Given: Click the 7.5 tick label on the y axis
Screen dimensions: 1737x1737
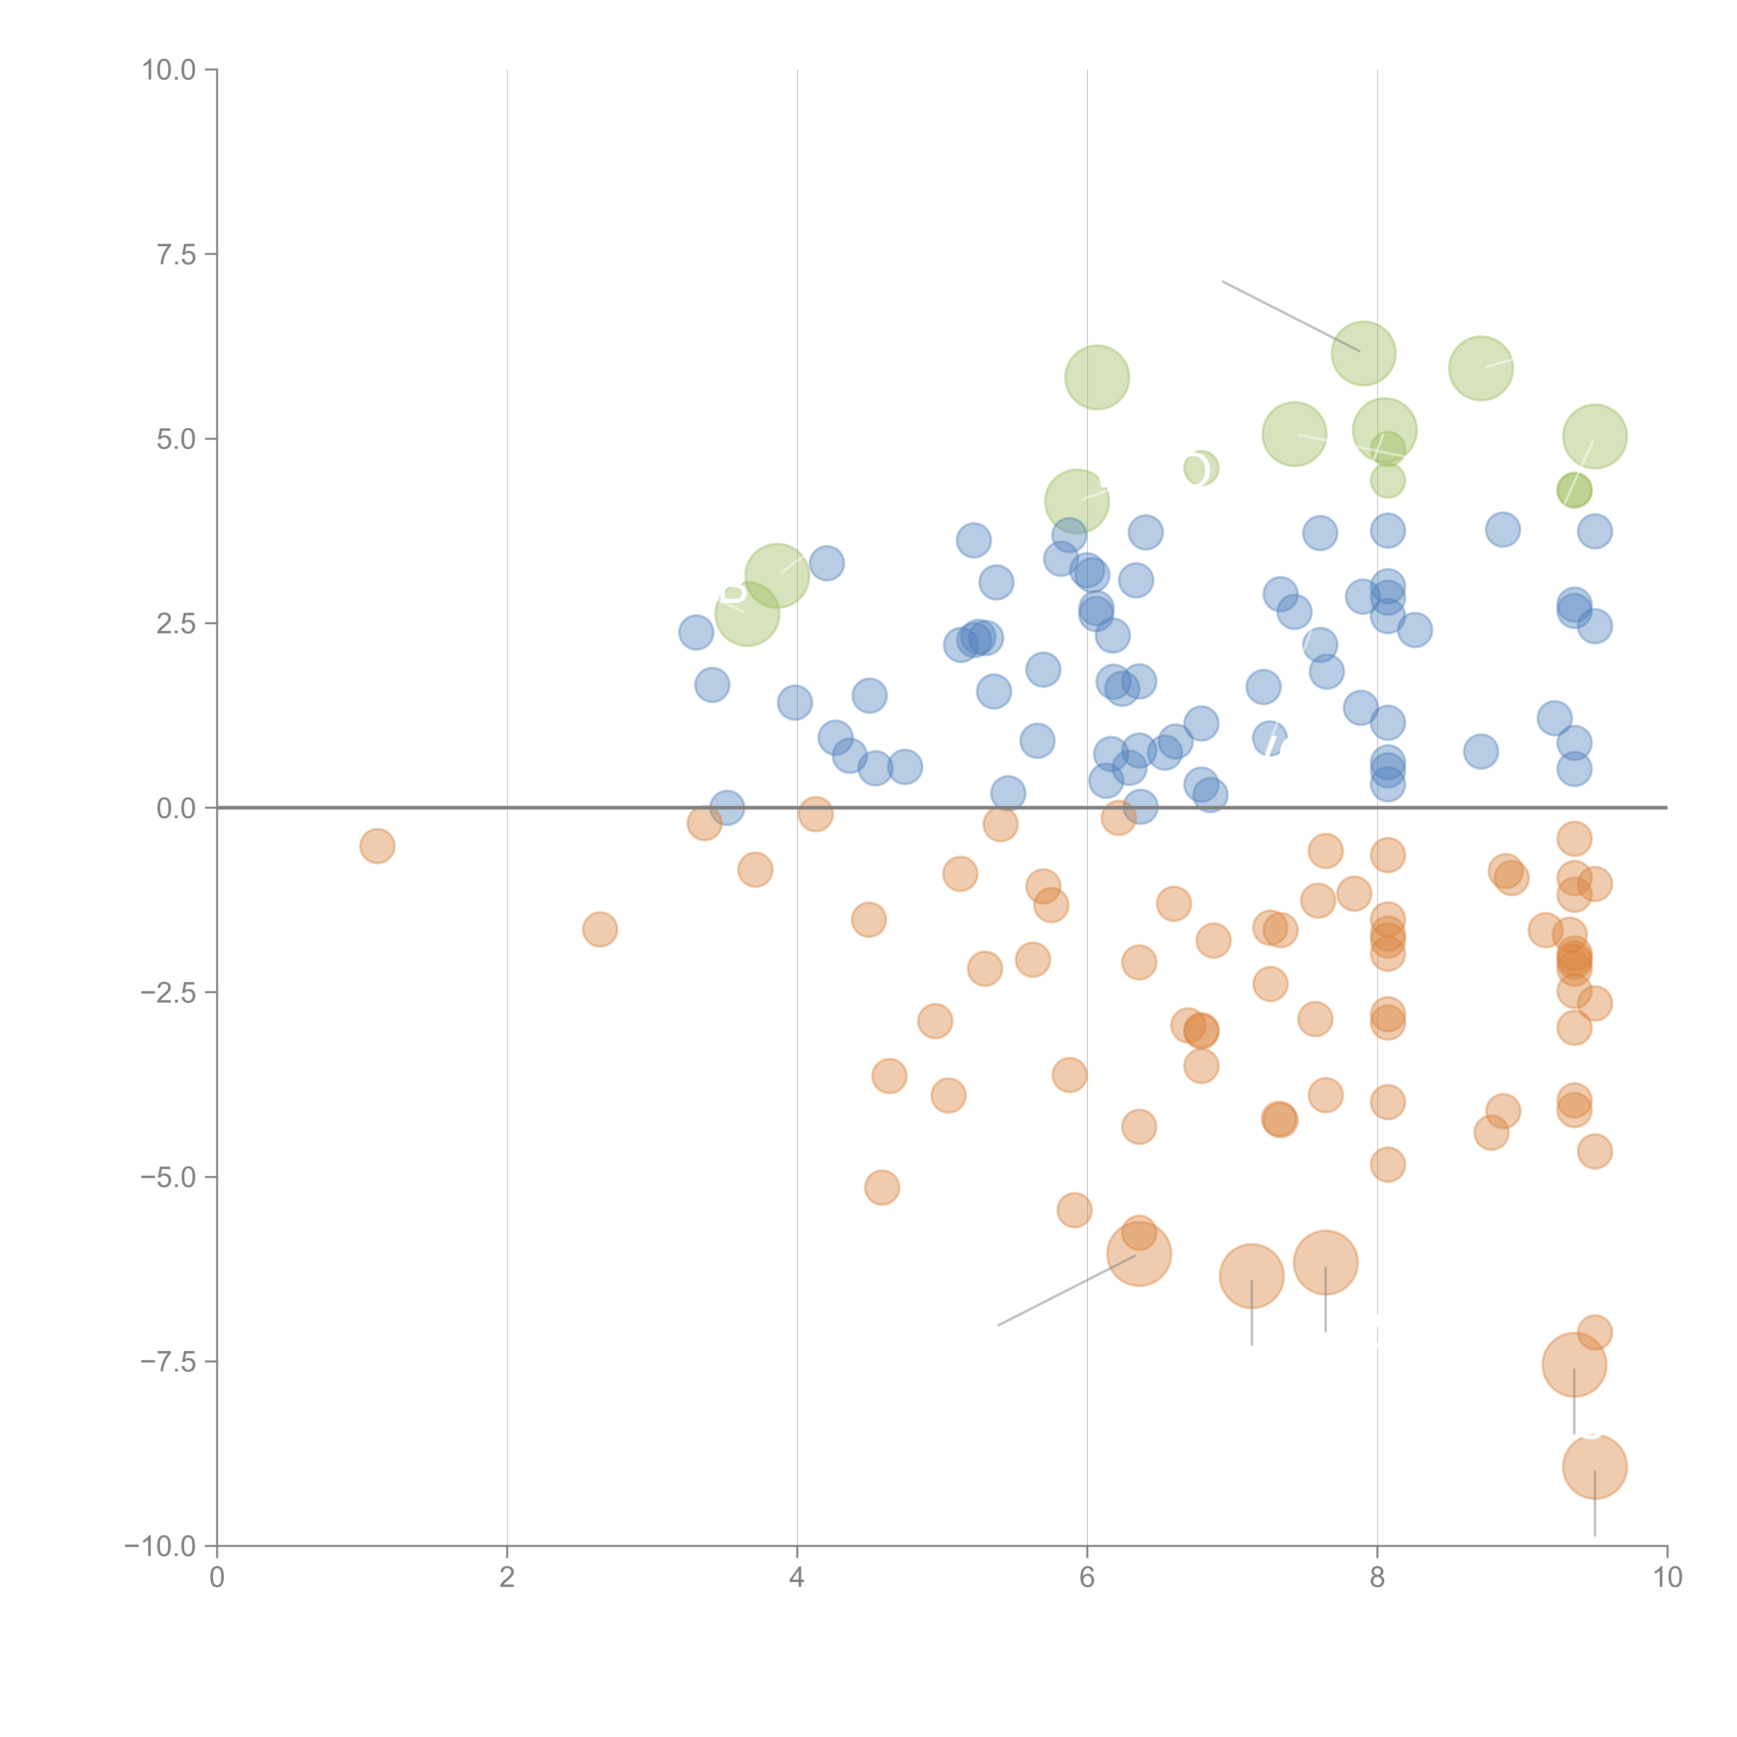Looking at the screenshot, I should click(176, 254).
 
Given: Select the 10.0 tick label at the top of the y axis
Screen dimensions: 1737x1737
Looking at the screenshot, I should click(169, 70).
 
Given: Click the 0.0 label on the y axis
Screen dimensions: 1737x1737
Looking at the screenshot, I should click(176, 808).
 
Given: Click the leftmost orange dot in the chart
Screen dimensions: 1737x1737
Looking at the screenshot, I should click(378, 846).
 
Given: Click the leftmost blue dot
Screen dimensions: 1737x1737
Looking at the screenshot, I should click(696, 632).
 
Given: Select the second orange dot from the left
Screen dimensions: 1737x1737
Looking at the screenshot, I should click(600, 929).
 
